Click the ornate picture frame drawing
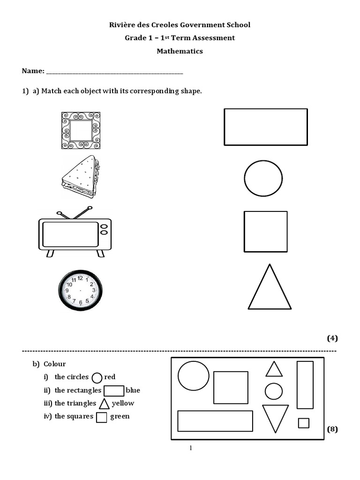click(81, 130)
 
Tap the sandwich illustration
click(81, 177)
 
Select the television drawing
click(75, 233)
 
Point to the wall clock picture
click(80, 290)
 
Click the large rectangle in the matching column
click(266, 127)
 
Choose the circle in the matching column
click(263, 178)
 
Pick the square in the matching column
click(265, 232)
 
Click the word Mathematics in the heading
click(180, 51)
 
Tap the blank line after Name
click(115, 72)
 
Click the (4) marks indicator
click(332, 338)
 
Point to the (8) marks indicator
click(332, 429)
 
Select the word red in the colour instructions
click(110, 377)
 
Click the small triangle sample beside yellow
click(104, 404)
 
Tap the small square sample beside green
click(102, 417)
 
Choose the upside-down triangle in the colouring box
click(275, 416)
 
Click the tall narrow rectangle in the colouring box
click(305, 384)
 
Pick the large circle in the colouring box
click(193, 375)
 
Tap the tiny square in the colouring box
click(304, 423)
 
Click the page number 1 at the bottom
click(191, 448)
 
